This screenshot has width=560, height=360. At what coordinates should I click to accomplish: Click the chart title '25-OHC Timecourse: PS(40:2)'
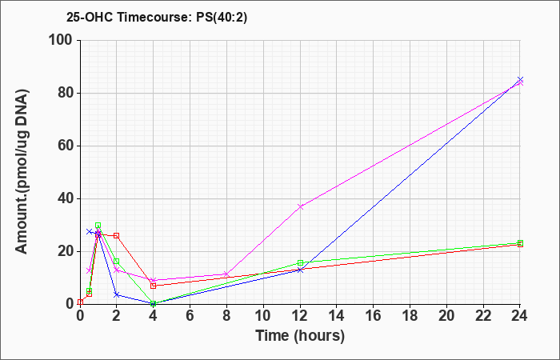157,18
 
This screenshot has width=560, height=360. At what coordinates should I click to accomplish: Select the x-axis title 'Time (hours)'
300,336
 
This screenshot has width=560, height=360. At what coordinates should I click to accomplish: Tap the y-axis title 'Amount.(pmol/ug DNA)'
22,172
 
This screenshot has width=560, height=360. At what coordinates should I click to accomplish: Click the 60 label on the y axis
66,146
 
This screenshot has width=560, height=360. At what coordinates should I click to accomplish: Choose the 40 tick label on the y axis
66,199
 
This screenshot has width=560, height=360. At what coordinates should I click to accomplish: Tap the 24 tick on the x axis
520,315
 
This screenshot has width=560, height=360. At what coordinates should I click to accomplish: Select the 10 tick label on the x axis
263,315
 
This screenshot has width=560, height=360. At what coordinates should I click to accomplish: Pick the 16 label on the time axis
374,315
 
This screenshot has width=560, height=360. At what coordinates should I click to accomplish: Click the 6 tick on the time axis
190,315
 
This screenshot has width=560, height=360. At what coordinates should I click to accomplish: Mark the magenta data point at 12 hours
300,206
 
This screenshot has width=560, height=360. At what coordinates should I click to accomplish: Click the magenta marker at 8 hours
226,274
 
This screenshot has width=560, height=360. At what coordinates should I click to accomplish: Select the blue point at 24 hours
520,79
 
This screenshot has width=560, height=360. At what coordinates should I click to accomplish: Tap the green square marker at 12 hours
300,263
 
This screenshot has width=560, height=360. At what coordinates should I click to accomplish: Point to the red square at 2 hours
117,236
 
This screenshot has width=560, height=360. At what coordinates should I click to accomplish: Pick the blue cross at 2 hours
117,294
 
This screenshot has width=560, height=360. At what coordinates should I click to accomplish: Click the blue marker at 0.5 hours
90,231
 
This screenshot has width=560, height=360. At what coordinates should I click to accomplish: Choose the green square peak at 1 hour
98,226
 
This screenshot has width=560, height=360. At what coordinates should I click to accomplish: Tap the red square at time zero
80,302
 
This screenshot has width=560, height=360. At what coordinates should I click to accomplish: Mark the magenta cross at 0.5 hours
90,270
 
